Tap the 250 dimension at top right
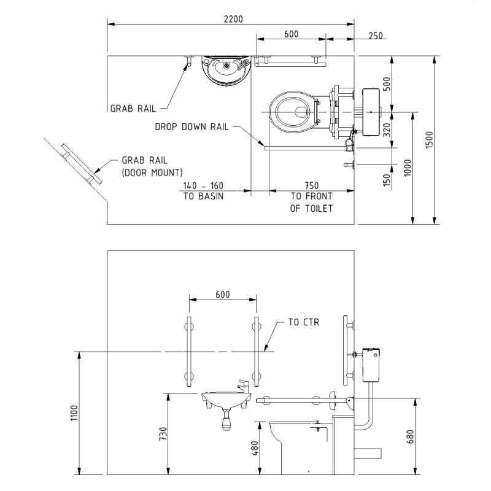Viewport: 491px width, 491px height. pos(375,36)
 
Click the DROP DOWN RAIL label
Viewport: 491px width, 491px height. pos(191,127)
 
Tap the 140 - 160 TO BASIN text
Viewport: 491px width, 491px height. pos(203,190)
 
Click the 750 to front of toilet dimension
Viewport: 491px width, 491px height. pos(312,185)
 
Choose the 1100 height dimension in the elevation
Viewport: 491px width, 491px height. pos(74,417)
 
